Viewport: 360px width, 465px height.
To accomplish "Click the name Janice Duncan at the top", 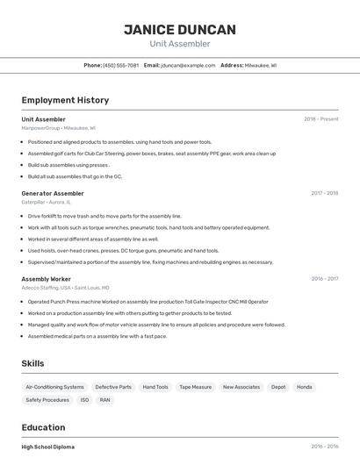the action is [180, 30].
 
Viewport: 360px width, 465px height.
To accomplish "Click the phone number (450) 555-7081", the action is [120, 65].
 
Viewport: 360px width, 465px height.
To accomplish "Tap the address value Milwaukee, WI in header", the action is [260, 65].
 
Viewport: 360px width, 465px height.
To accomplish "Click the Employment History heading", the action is [65, 100].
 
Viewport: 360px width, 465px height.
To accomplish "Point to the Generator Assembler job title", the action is [53, 193].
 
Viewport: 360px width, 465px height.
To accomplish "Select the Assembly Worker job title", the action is [47, 279].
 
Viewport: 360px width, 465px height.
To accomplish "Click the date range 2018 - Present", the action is [320, 119].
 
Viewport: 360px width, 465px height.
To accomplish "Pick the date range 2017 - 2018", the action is [324, 193].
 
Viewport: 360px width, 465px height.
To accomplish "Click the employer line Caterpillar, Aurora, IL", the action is [47, 202].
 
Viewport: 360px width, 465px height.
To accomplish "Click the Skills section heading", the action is [33, 362].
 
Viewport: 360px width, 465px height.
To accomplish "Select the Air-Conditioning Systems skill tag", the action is [54, 387].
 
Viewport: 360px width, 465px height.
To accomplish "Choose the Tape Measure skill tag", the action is [195, 387].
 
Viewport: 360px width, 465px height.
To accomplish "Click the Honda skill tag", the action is [304, 387].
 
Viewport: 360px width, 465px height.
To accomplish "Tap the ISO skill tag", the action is [84, 400].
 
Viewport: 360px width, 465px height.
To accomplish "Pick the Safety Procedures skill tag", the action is [47, 400].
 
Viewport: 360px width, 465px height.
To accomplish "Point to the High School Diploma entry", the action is [47, 447].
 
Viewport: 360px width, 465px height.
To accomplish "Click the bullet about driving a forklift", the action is [104, 216].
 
